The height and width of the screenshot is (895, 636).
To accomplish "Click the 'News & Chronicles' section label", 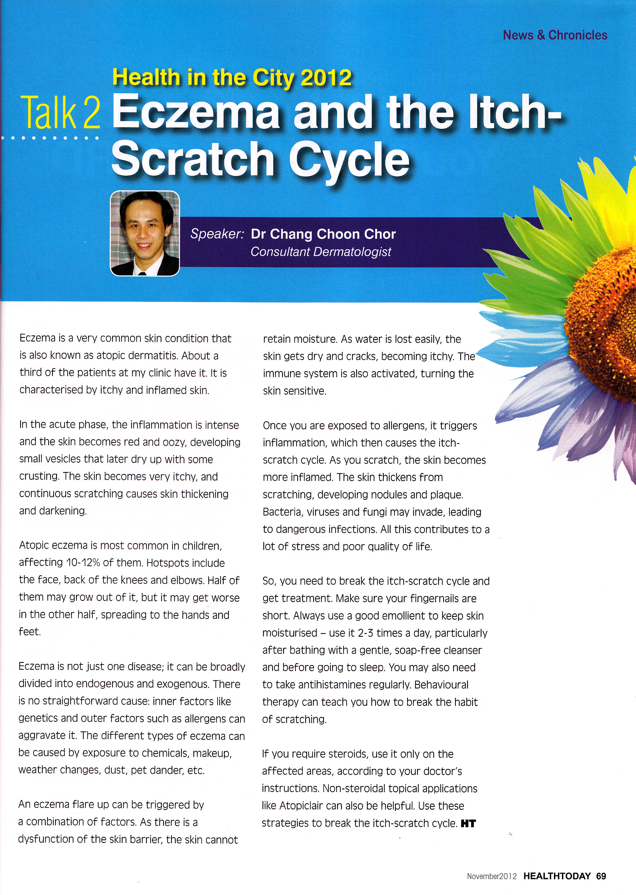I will click(555, 35).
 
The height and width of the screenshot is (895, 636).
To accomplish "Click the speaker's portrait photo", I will click(145, 233).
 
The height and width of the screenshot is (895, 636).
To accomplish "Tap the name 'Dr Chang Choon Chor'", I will click(323, 234).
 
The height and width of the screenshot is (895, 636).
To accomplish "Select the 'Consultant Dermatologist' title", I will click(321, 252).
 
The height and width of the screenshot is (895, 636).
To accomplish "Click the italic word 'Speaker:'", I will click(217, 234).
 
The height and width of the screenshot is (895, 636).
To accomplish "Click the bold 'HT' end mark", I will click(468, 823).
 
